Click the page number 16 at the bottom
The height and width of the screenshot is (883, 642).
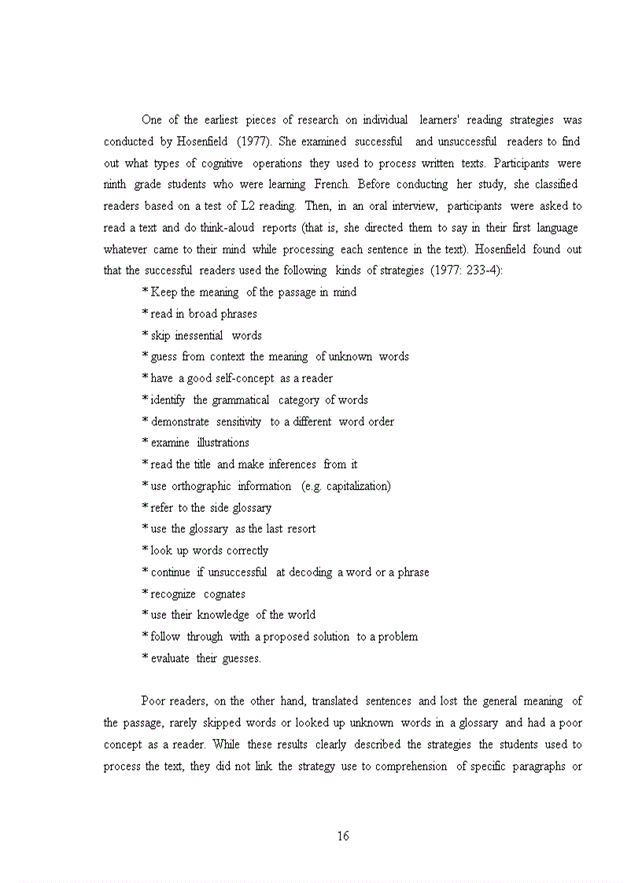point(343,836)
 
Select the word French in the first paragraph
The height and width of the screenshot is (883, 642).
point(331,185)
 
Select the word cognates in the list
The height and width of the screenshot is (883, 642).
point(224,594)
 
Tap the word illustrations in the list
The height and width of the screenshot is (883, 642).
point(223,443)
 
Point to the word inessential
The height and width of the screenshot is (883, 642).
point(203,335)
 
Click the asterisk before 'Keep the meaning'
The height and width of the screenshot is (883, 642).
point(145,292)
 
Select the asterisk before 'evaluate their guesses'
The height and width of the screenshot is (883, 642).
point(145,658)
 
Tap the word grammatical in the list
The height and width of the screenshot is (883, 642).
point(241,399)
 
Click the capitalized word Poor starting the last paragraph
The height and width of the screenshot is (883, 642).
point(154,701)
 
